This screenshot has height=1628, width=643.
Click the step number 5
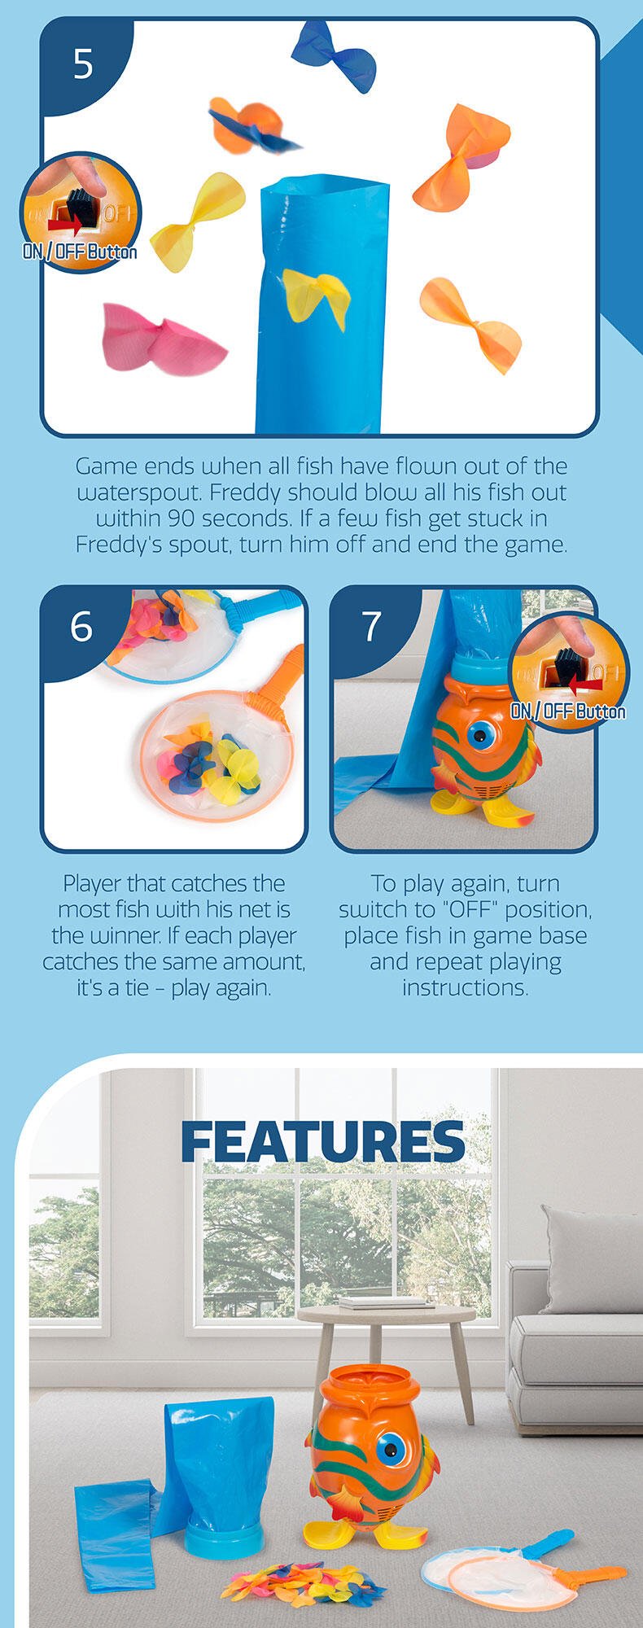[x=83, y=63]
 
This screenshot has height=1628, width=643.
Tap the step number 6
[x=81, y=627]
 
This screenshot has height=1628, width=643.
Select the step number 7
[x=371, y=627]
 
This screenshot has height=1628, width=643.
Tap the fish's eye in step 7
[x=478, y=737]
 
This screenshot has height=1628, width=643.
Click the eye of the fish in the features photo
[x=389, y=1450]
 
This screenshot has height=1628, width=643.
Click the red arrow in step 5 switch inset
[x=64, y=221]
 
